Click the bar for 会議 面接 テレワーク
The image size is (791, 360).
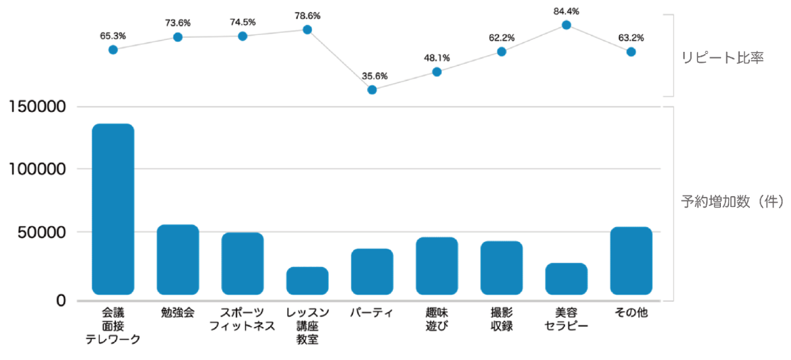pos(113,209)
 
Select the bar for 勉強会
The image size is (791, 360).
pos(178,260)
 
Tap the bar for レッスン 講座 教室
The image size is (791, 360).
pos(307,280)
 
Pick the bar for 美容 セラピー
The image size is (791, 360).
pos(566,278)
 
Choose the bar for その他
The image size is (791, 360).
pos(631,261)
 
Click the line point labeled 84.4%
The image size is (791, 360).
pos(567,25)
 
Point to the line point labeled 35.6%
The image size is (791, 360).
pos(372,90)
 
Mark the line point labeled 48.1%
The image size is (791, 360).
pos(437,71)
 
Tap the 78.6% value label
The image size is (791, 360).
pos(307,15)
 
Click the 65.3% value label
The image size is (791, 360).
pos(113,36)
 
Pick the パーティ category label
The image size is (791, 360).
pos(372,313)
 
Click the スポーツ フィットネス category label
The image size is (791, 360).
pos(243,320)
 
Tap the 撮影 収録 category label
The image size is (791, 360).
pos(501,320)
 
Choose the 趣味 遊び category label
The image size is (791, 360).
pos(437,320)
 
